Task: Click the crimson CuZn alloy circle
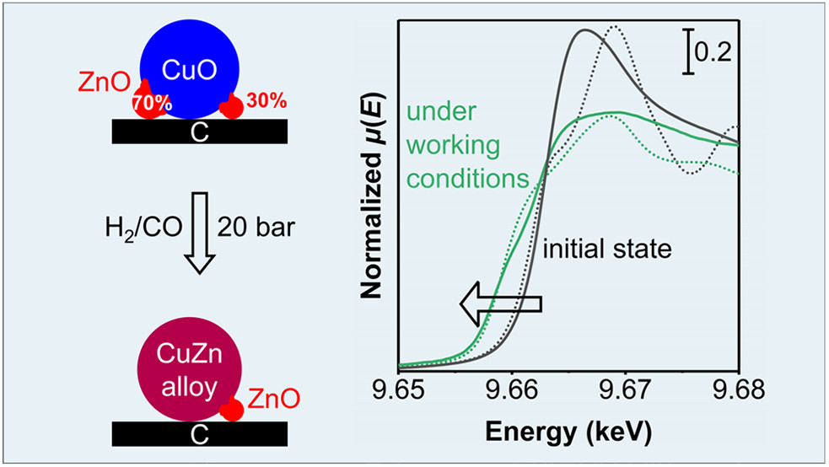pos(189,376)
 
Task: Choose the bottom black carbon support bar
pos(200,432)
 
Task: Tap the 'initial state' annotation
pos(606,250)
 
